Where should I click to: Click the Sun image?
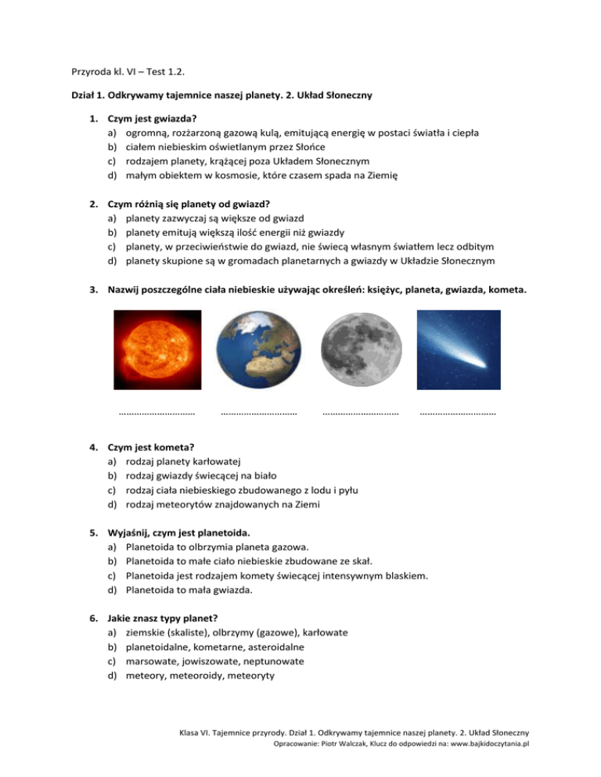[x=157, y=349]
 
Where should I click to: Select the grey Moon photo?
[x=360, y=350]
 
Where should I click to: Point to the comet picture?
[x=458, y=349]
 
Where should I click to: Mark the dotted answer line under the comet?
[x=458, y=413]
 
